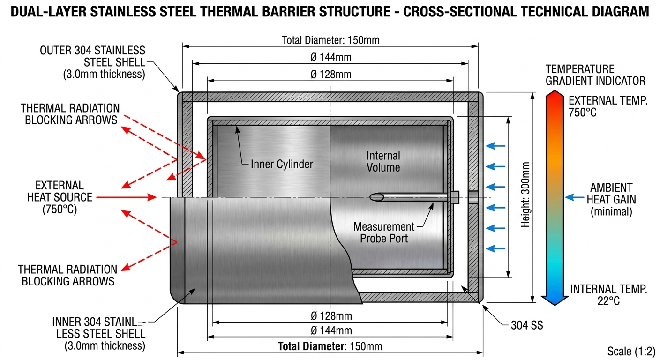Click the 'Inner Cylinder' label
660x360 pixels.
click(x=282, y=164)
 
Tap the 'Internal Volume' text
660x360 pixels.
click(x=383, y=161)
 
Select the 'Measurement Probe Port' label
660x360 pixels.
click(x=383, y=232)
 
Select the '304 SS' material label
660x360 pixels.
click(x=527, y=325)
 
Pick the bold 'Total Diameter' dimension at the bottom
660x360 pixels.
click(x=330, y=346)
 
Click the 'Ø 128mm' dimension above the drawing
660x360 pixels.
click(x=331, y=74)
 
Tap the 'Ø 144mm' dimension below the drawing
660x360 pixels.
click(x=331, y=330)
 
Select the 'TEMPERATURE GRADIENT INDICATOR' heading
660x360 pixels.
click(x=595, y=75)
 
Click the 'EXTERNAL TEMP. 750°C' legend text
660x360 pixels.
click(x=607, y=106)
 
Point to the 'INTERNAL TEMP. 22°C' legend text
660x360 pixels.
click(x=608, y=294)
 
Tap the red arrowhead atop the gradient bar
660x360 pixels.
click(x=555, y=95)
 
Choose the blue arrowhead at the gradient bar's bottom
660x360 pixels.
click(x=555, y=300)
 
